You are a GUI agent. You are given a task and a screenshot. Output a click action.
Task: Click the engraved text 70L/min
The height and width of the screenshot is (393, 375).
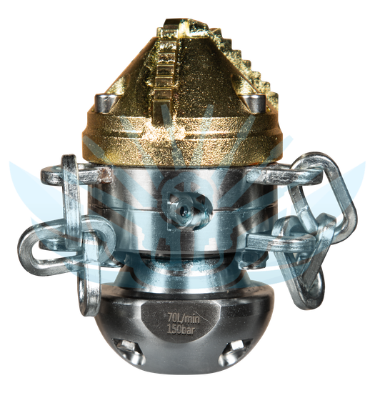(184, 319)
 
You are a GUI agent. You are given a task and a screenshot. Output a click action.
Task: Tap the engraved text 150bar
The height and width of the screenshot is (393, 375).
(181, 330)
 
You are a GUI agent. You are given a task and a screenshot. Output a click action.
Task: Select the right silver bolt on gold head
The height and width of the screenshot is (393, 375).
(254, 104)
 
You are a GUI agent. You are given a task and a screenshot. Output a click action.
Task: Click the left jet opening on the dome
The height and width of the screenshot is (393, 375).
(129, 351)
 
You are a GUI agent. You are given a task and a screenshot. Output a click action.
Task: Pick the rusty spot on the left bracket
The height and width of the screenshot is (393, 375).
(106, 174)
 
